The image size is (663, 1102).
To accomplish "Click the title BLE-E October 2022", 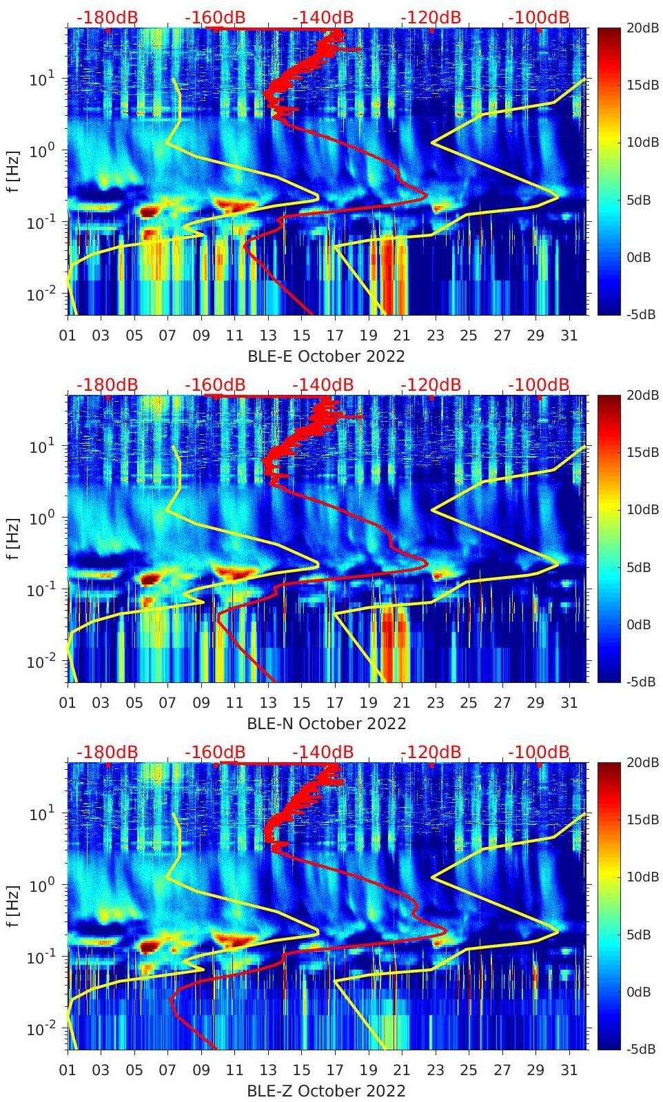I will pyautogui.click(x=326, y=356).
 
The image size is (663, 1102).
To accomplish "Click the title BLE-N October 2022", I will pyautogui.click(x=326, y=724).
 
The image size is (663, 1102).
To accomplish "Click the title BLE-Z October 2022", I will pyautogui.click(x=326, y=1091).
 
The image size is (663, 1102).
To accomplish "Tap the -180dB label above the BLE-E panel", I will pyautogui.click(x=108, y=17).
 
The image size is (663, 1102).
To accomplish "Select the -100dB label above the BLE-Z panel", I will pyautogui.click(x=539, y=752).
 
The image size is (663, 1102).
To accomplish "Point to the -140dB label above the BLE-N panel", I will pyautogui.click(x=323, y=385).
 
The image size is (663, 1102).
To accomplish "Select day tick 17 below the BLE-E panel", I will pyautogui.click(x=335, y=336).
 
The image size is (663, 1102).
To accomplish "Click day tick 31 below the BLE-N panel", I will pyautogui.click(x=569, y=703).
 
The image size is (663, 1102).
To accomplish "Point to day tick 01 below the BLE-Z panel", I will pyautogui.click(x=68, y=1070).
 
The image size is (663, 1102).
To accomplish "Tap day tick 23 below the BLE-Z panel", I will pyautogui.click(x=435, y=1070).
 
